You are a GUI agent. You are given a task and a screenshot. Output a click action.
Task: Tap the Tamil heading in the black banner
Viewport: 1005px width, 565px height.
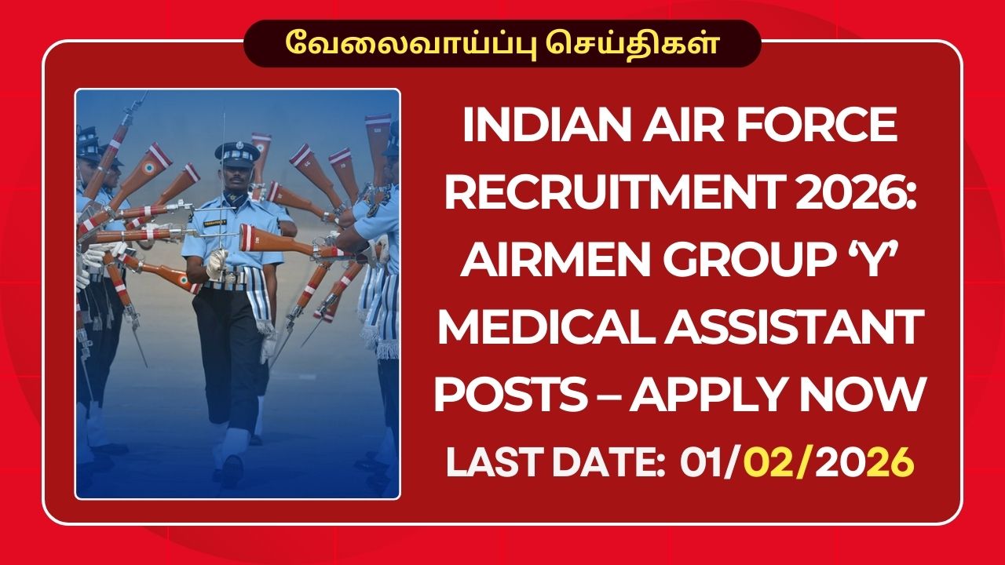pos(502,42)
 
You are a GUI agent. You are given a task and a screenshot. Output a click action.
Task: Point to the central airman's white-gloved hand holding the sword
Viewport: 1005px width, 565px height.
pos(216,261)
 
